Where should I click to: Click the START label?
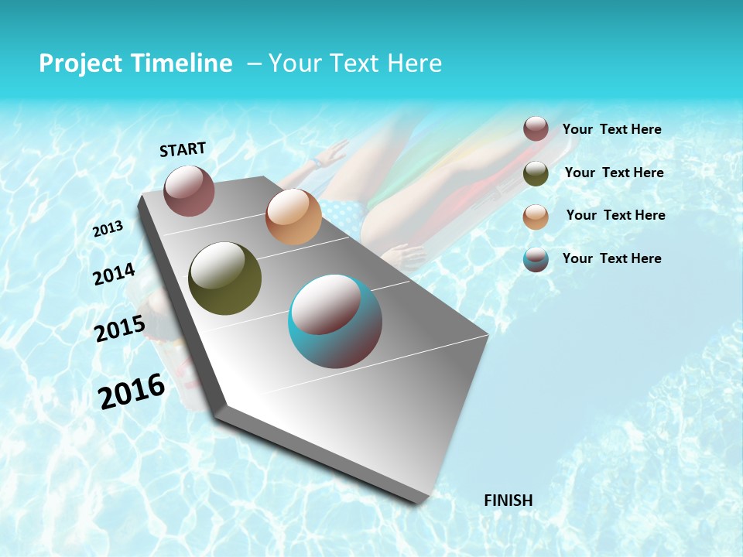coord(183,149)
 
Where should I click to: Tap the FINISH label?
coord(508,501)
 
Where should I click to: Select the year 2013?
coord(108,228)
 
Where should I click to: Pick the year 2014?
coord(115,275)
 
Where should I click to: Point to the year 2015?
coord(120,329)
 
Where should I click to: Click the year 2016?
coord(132,391)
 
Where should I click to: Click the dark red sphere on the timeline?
coord(189,190)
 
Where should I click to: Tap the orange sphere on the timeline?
coord(293,217)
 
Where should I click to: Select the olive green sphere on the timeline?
coord(224,278)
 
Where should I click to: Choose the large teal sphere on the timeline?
coord(335,321)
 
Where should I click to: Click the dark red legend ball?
coord(536,128)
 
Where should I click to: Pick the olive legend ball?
coord(536,173)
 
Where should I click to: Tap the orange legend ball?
coord(536,217)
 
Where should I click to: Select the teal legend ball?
coord(536,260)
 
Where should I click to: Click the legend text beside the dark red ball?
coord(611,129)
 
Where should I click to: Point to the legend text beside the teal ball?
coord(611,258)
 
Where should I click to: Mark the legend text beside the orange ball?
coord(615,215)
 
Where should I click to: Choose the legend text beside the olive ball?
coord(614,173)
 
